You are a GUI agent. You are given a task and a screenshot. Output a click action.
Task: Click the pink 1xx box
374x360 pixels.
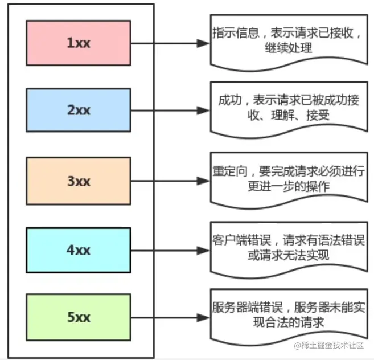pos(79,43)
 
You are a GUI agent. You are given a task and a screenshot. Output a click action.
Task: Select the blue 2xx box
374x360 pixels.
pos(79,111)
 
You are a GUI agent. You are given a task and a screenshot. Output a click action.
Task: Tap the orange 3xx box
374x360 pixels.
pos(79,181)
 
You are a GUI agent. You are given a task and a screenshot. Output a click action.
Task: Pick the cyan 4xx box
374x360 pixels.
pos(79,250)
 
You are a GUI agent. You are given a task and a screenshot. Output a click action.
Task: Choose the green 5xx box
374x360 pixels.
pos(79,317)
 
